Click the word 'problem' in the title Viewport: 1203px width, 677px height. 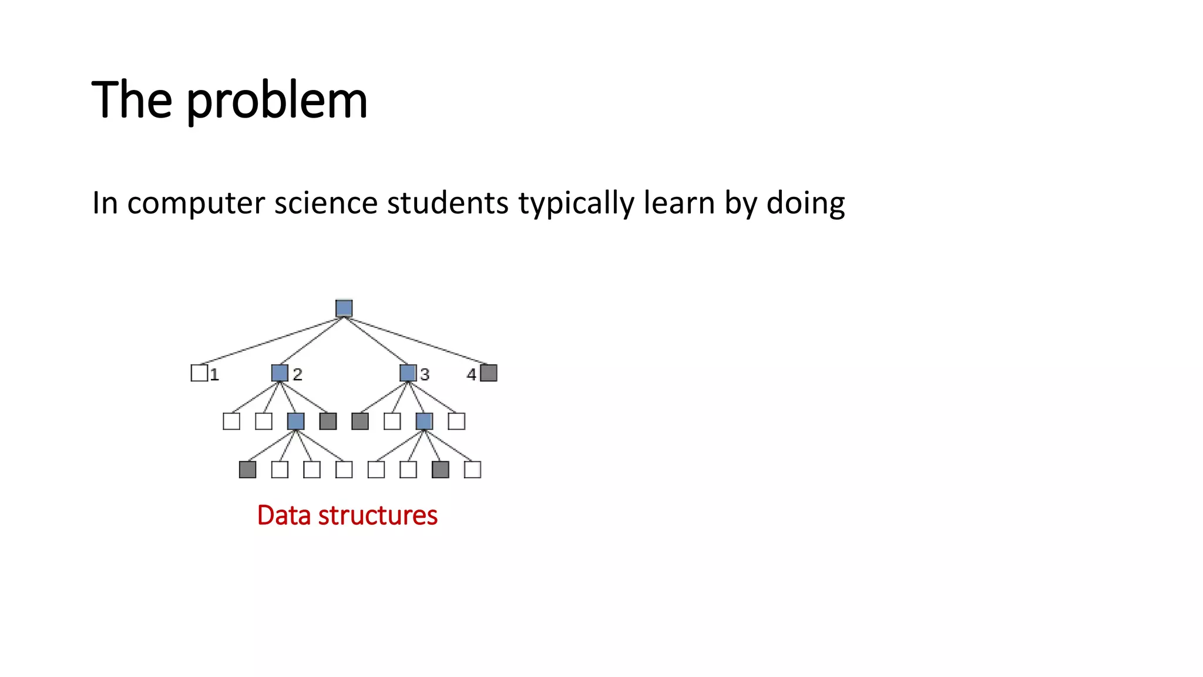277,101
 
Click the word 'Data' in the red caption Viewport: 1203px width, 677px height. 284,515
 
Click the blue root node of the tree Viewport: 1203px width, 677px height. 344,309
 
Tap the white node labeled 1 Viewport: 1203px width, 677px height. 199,373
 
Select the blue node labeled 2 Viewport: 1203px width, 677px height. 280,373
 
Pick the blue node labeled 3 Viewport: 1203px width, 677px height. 408,373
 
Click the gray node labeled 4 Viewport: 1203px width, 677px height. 489,373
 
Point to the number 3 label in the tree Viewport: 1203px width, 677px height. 425,374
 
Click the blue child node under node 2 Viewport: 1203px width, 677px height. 295,421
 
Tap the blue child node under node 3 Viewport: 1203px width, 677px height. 424,421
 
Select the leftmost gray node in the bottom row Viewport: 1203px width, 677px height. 247,470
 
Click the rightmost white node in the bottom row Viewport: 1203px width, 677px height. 472,470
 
